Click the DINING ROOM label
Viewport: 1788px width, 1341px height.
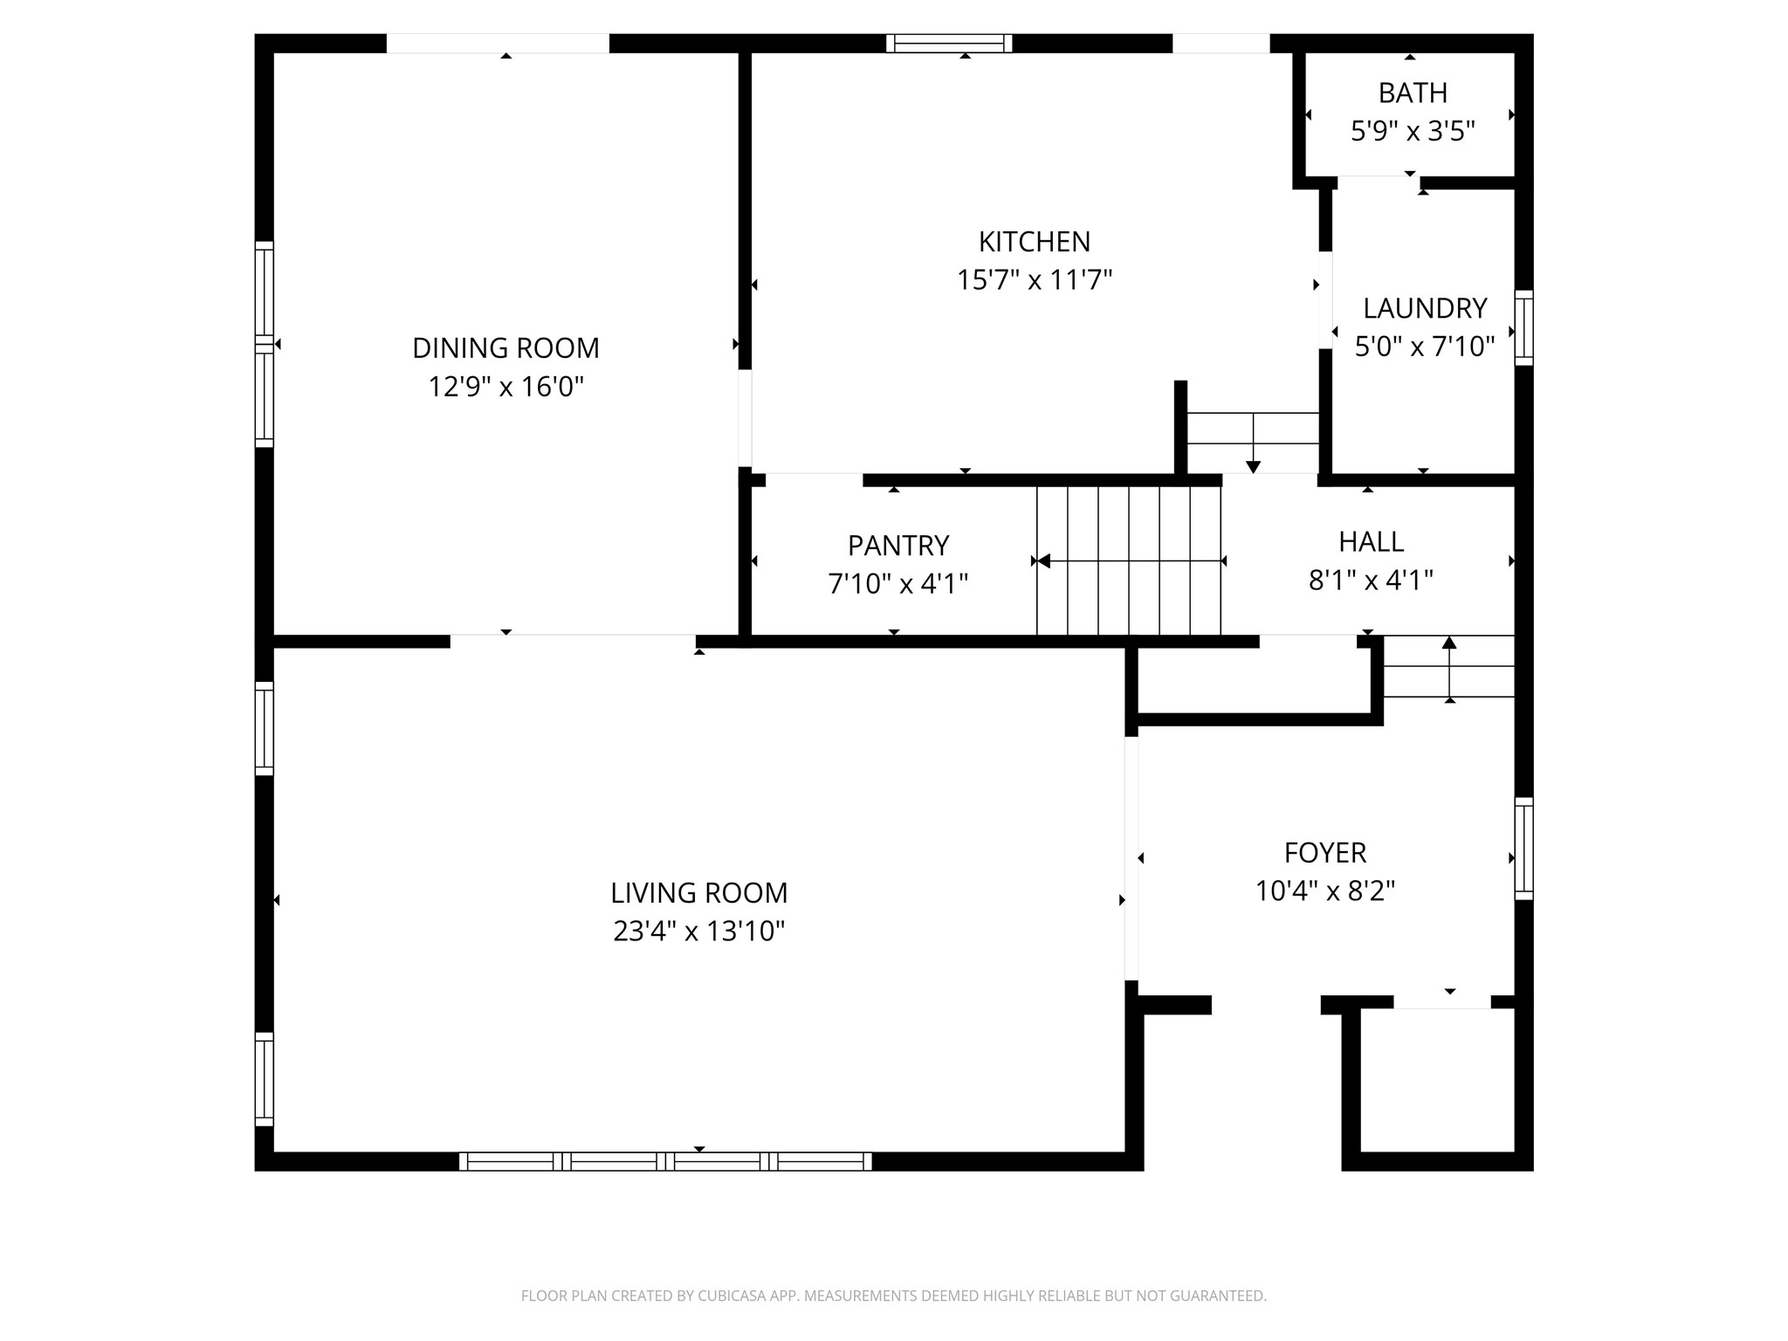(505, 348)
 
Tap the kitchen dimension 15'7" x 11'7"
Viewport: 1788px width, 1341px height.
(1034, 280)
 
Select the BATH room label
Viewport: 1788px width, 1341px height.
(1412, 93)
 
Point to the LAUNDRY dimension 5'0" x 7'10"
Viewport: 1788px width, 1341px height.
(1424, 347)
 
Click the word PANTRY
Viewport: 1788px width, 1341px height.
(897, 546)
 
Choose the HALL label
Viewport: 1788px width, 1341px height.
(1371, 542)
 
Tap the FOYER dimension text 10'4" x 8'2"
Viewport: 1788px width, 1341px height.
(1324, 891)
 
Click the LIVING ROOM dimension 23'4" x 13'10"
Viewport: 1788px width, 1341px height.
(698, 932)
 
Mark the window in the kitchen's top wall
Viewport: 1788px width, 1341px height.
(949, 44)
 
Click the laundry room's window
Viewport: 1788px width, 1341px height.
(1523, 327)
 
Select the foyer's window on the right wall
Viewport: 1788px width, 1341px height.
(1523, 848)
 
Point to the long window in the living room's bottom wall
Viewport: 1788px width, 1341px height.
(665, 1161)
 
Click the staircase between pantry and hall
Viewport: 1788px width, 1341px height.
(1128, 560)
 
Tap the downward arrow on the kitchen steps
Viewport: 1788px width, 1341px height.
(1253, 464)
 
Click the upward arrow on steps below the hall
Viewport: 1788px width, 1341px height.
(1449, 644)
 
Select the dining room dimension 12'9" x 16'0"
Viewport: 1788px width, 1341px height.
(505, 387)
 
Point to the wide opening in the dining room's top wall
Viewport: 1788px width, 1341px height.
(498, 44)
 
